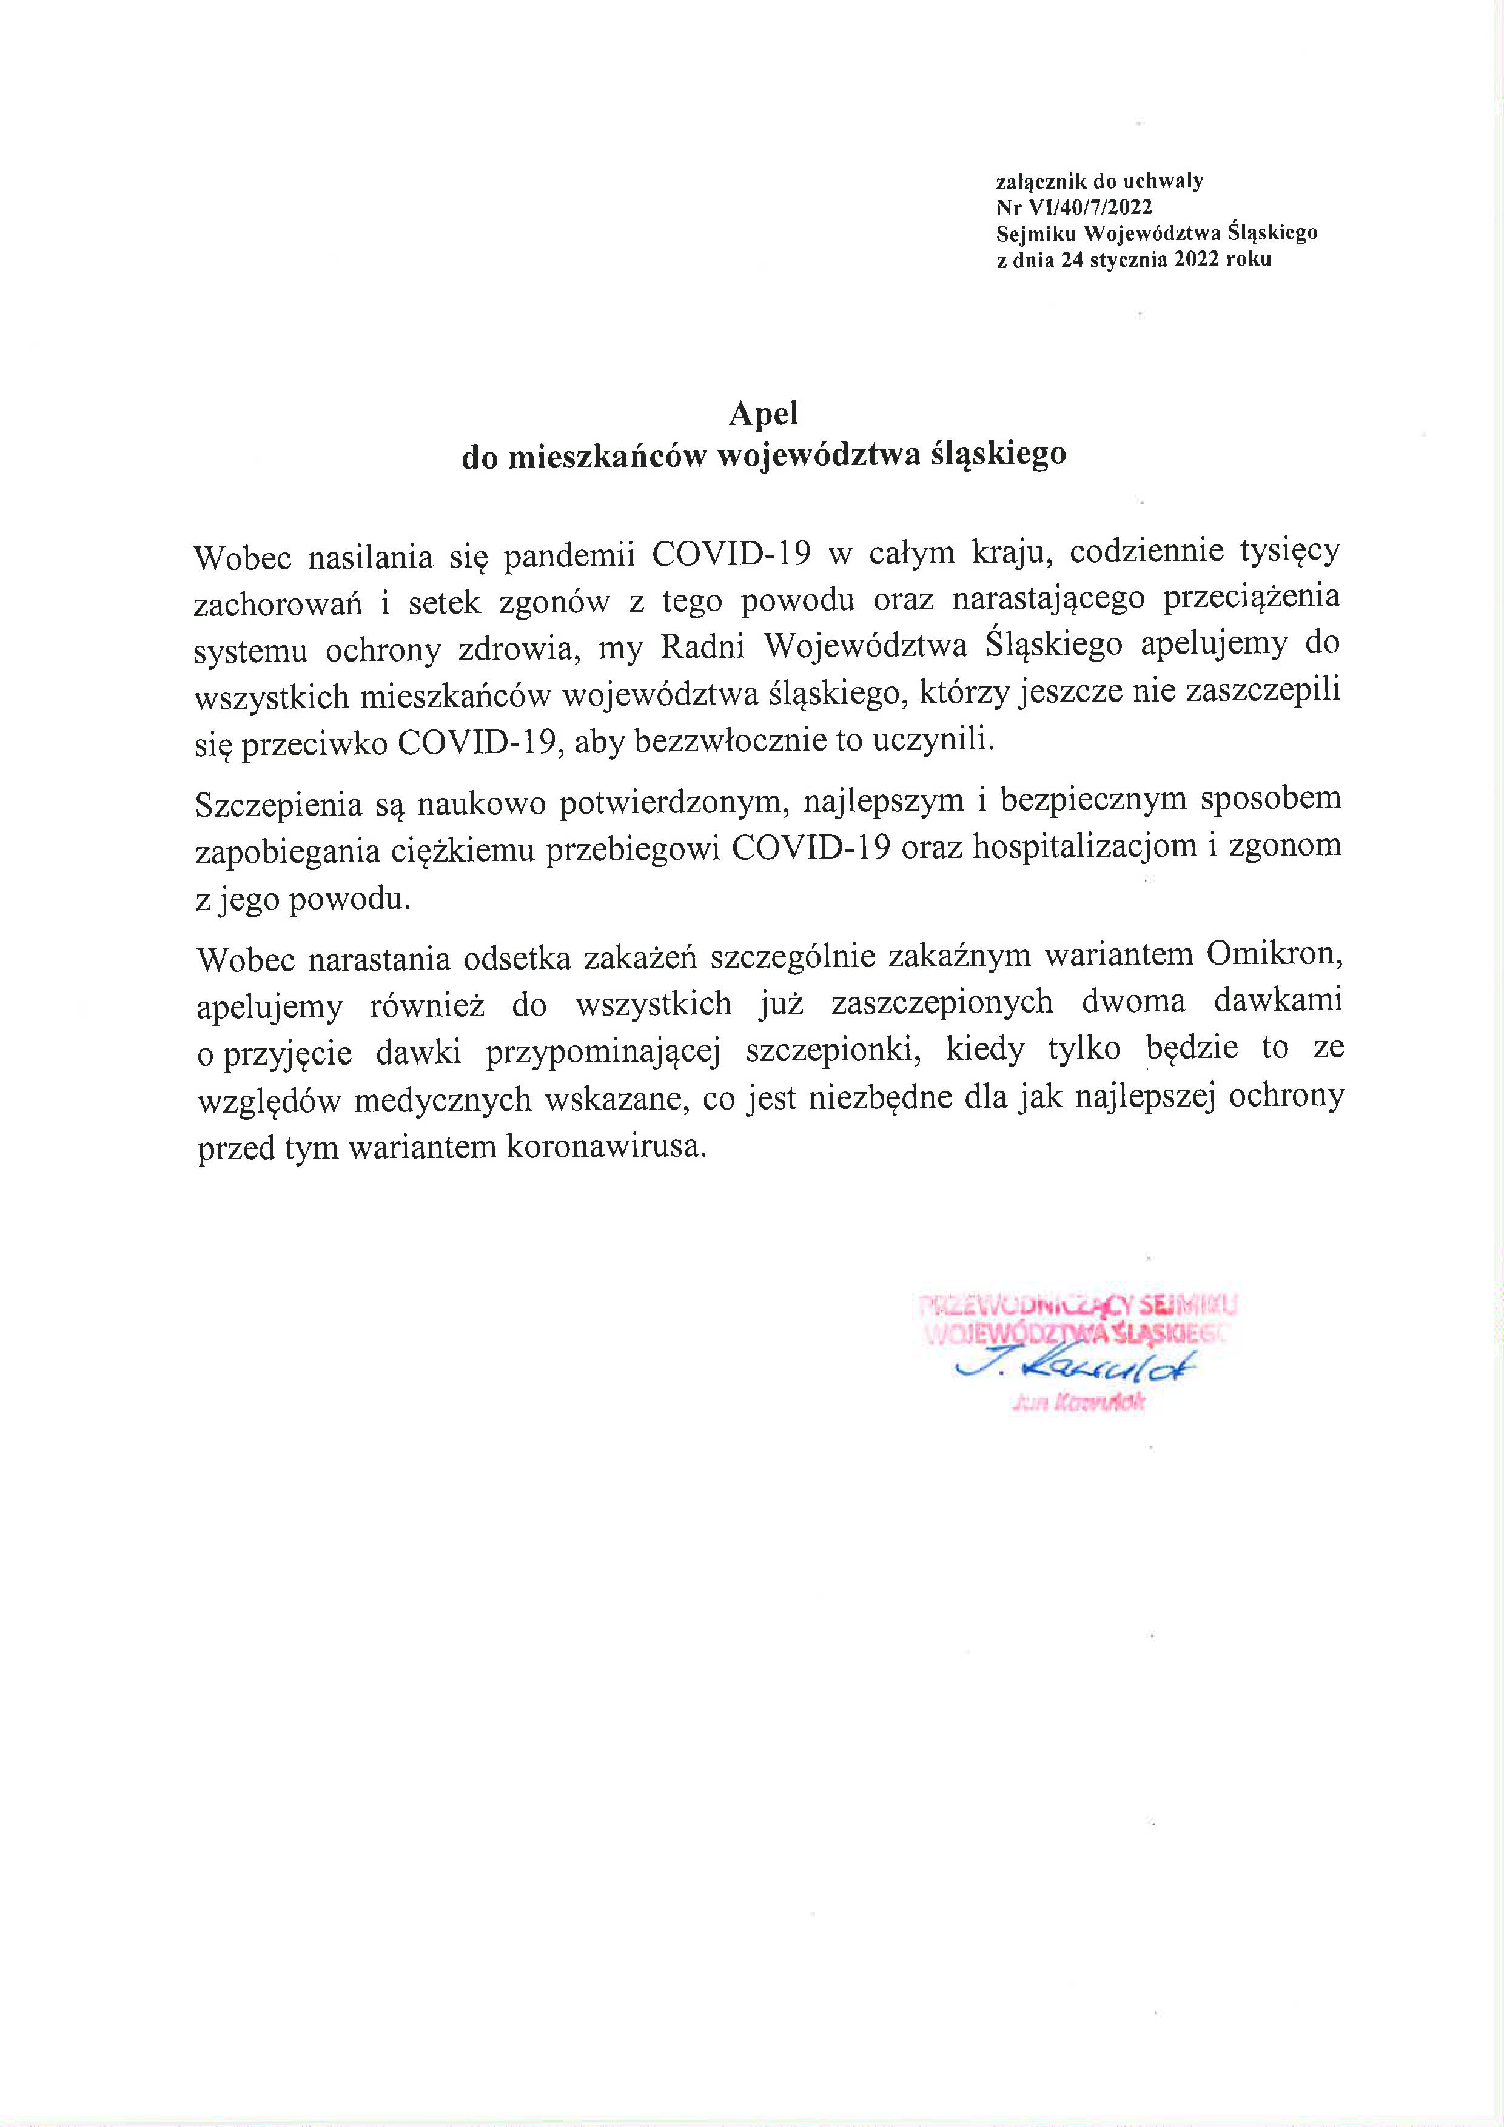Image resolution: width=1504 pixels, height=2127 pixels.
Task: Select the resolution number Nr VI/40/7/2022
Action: tap(1074, 207)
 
